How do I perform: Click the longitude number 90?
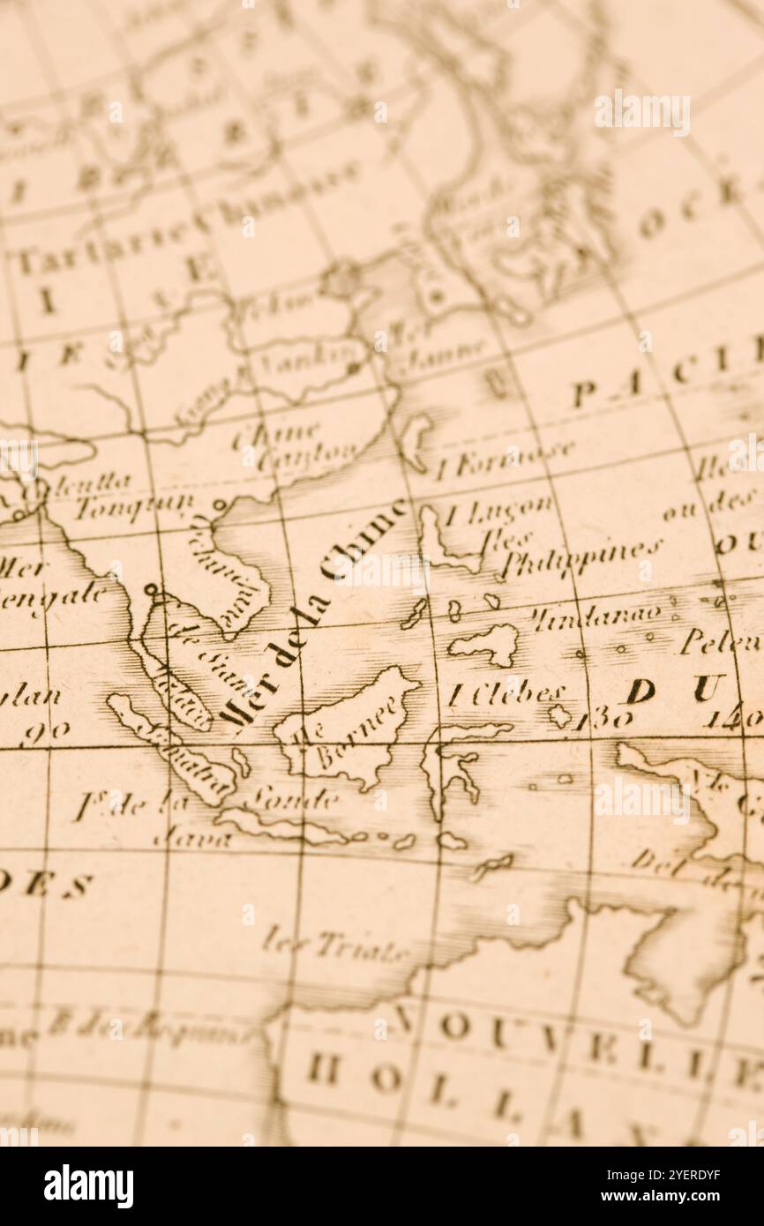45,732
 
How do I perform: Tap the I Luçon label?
498,510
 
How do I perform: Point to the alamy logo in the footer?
88,1186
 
